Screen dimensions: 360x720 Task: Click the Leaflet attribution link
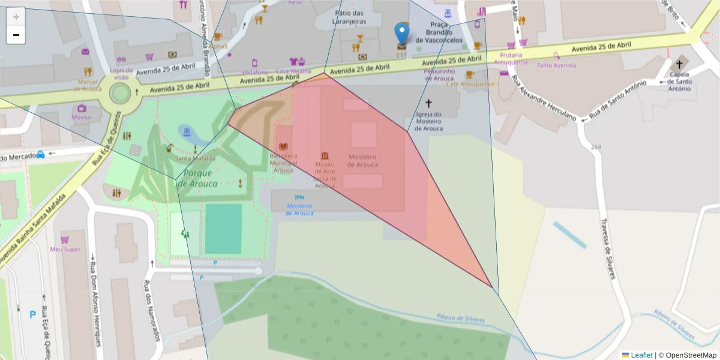click(x=641, y=355)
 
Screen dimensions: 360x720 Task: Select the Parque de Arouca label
click(x=197, y=178)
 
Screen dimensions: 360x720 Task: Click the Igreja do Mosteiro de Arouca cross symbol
click(x=428, y=103)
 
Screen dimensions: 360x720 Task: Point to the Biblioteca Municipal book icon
click(x=284, y=146)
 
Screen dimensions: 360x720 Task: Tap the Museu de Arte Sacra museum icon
click(x=325, y=155)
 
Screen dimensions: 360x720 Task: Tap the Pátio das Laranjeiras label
click(x=350, y=17)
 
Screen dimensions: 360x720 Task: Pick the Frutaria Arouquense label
click(x=511, y=58)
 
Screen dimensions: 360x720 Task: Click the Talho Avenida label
click(x=556, y=65)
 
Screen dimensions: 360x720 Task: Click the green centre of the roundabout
click(x=120, y=93)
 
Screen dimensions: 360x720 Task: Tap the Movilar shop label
click(x=82, y=117)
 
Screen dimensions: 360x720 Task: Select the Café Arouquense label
click(x=470, y=84)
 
